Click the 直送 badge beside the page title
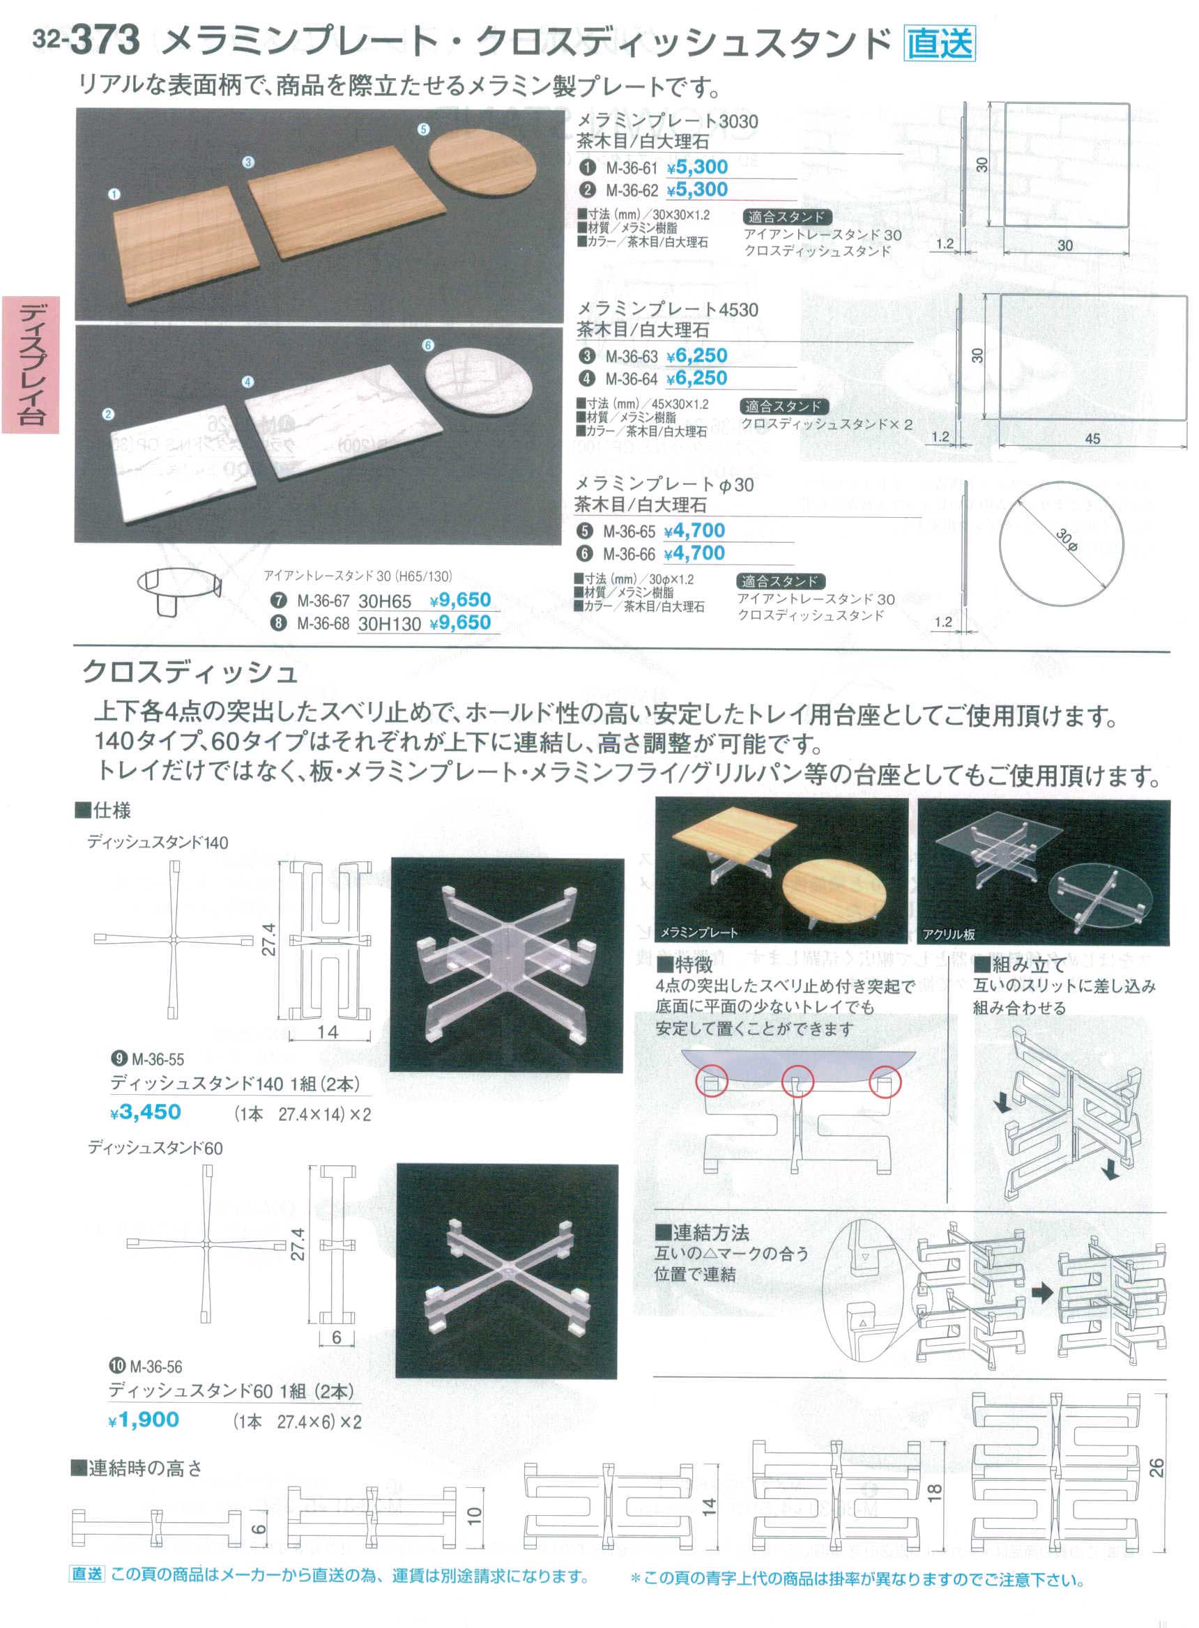pos(940,43)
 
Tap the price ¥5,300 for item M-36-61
pos(697,167)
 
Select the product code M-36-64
pos(632,379)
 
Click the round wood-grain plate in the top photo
pos(482,160)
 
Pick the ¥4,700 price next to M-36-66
pos(694,553)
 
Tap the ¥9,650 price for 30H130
pos(460,623)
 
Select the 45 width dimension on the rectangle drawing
pos(1092,438)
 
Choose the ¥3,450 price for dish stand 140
pos(145,1112)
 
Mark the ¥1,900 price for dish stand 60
pos(144,1420)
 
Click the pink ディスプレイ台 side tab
pos(31,364)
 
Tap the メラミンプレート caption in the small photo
pos(699,932)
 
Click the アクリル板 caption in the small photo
pos(949,935)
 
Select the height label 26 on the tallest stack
pos(1157,1468)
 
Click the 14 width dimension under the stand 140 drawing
pos(328,1031)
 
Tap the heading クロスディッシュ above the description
pos(190,673)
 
